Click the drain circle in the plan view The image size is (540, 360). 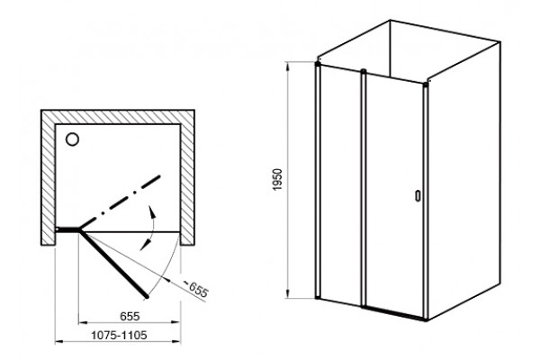coord(72,139)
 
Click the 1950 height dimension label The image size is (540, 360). coord(277,179)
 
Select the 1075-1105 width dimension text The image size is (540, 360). coord(119,335)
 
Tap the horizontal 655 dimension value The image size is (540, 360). coord(130,316)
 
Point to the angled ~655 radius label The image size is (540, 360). coord(195,289)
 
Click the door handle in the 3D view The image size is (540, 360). coord(418,195)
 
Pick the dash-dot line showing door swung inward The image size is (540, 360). coord(121,202)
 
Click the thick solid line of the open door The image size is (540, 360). coord(113,264)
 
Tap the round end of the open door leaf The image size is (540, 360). coord(147,296)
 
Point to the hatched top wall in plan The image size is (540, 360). coord(118,117)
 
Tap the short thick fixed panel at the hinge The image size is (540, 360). coord(68,229)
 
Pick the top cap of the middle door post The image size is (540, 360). coord(364,71)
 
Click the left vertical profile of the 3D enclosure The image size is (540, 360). coord(318,180)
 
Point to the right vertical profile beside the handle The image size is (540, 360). coord(426,202)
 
